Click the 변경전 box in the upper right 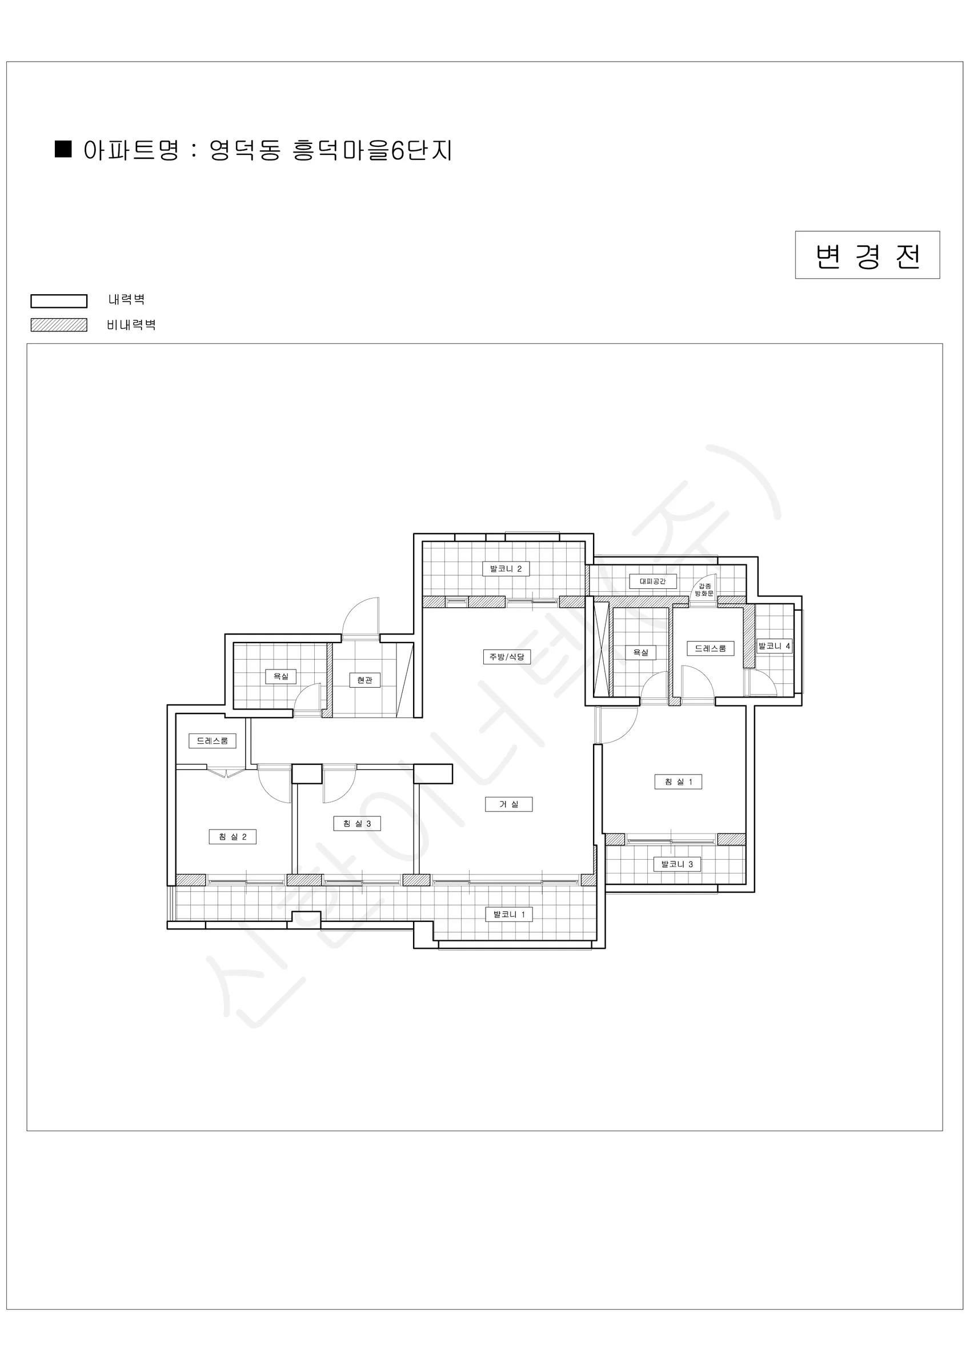tap(867, 255)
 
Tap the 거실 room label tap(508, 804)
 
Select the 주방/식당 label tap(507, 657)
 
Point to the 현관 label tap(364, 680)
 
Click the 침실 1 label tap(678, 781)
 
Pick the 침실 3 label tap(356, 823)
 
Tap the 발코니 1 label tap(508, 914)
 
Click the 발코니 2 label tap(506, 568)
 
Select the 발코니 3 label tap(677, 864)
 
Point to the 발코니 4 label tap(774, 646)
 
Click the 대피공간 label tap(652, 581)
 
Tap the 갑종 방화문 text tap(704, 590)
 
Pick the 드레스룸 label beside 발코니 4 tap(710, 648)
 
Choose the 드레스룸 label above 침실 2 tap(212, 741)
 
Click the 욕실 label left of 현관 tap(280, 676)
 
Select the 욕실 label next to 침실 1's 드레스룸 tap(640, 653)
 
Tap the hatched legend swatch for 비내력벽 tap(59, 325)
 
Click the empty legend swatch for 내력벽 tap(59, 301)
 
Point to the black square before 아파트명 tap(63, 149)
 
